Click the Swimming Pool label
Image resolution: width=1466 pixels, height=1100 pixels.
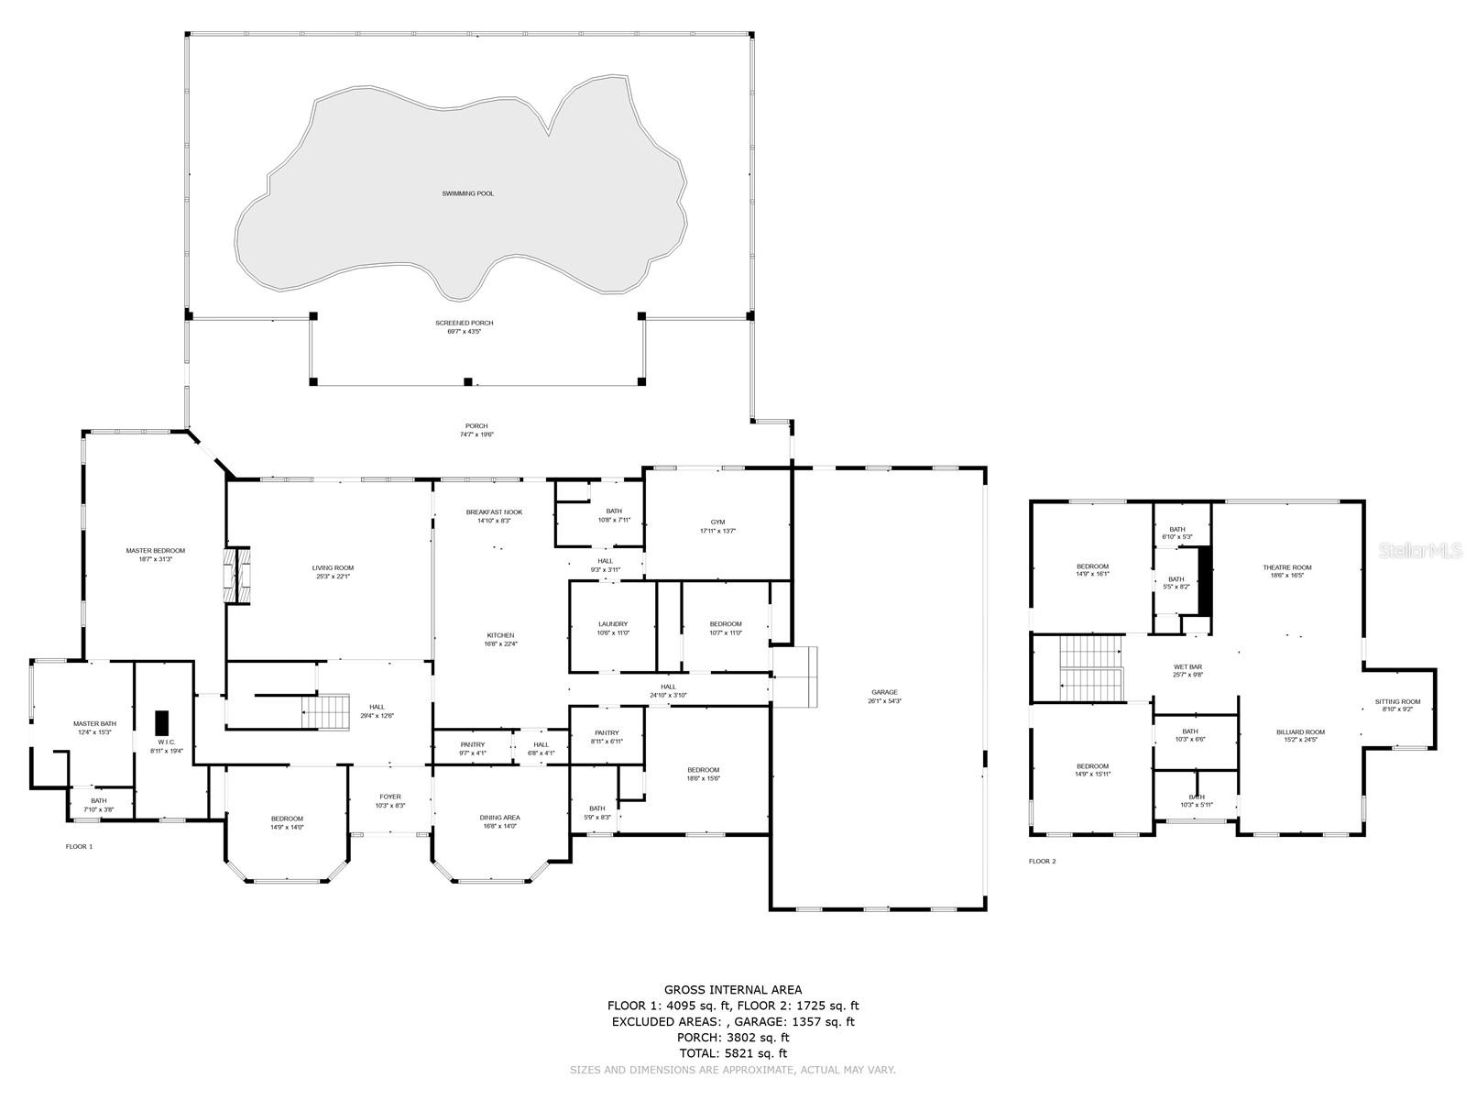(467, 193)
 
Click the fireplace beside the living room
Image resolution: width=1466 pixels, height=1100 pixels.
(237, 576)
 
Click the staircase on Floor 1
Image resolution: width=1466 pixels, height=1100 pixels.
(328, 711)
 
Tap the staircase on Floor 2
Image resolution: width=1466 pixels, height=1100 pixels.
(1091, 665)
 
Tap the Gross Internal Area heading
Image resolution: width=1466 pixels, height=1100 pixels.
(732, 989)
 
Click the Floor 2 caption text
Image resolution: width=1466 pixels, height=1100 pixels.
(1042, 862)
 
